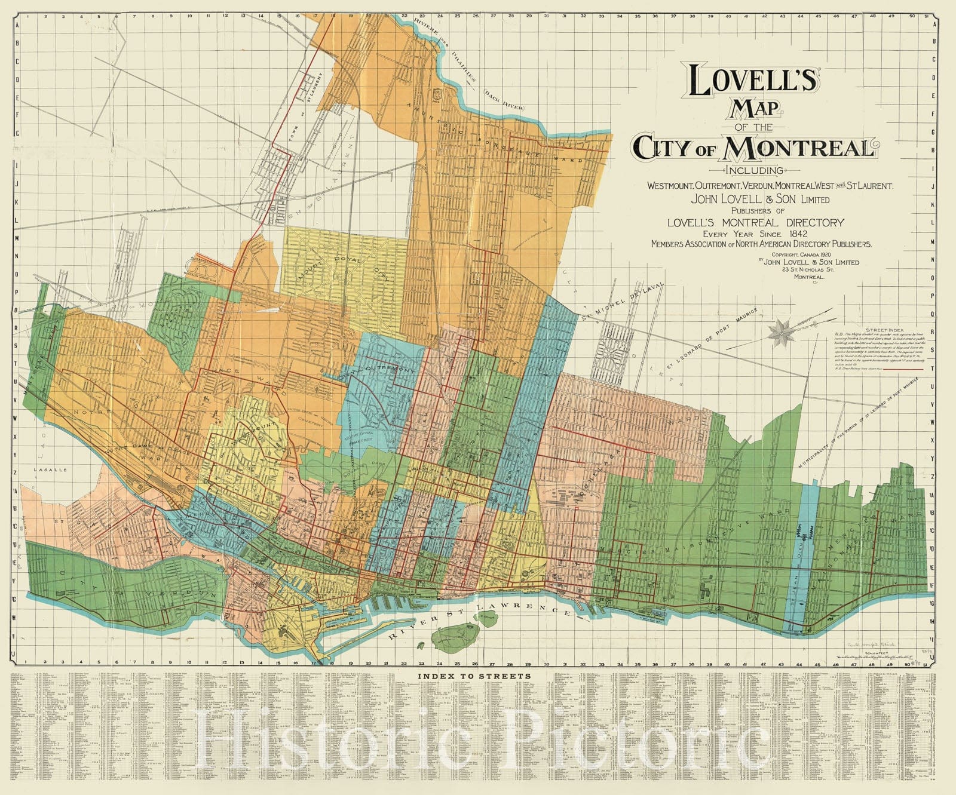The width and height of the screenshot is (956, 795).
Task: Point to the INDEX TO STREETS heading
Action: coord(474,676)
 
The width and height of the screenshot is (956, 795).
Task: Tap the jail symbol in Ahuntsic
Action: coord(440,94)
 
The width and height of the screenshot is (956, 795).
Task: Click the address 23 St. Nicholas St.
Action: coord(808,269)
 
